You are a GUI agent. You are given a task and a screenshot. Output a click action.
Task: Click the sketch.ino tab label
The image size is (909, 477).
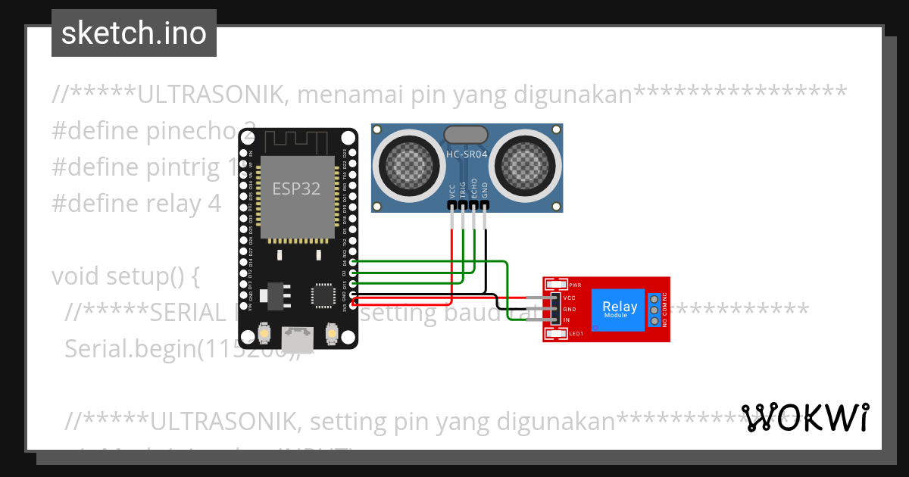pos(133,33)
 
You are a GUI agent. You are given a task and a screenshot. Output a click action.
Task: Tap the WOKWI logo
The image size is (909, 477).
pos(804,417)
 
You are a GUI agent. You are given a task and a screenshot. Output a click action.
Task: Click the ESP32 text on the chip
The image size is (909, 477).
pos(296,189)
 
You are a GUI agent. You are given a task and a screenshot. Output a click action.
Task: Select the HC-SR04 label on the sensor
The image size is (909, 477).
pos(467,154)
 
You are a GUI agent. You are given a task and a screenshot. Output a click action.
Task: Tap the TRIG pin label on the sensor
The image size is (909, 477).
pos(463,189)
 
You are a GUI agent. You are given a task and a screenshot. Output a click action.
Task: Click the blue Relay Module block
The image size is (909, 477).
pos(619,309)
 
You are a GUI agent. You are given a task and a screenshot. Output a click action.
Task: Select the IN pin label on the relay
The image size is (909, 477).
pos(567,320)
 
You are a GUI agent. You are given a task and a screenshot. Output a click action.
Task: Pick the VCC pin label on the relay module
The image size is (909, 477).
pos(570,298)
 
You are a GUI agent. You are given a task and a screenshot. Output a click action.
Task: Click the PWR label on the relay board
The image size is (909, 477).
pos(575,285)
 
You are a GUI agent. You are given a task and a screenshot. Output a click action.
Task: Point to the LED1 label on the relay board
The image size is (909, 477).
pos(575,334)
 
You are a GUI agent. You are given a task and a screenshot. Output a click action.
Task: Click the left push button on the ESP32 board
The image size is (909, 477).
pos(264,333)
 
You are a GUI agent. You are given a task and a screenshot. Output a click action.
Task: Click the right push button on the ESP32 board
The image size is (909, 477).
pos(331,333)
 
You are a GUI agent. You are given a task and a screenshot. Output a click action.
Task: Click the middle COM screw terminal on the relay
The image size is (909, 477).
pos(654,310)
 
